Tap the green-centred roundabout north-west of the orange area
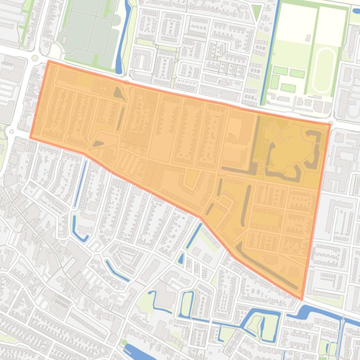click(35, 58)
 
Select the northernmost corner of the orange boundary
click(49, 61)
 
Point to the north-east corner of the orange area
click(330, 124)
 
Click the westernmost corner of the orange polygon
click(31, 137)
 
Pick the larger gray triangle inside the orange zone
click(119, 94)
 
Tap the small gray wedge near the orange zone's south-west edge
click(98, 144)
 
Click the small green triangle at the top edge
click(256, 12)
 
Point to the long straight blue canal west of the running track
click(270, 51)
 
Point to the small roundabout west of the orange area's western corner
click(12, 131)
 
